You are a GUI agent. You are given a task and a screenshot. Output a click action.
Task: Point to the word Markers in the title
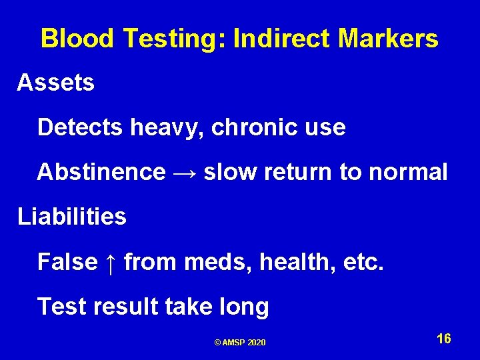pos(388,39)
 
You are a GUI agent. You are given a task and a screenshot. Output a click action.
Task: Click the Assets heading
pos(56,83)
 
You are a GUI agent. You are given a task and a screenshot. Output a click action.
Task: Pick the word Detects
pos(79,127)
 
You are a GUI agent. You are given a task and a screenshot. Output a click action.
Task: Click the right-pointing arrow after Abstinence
pos(185,173)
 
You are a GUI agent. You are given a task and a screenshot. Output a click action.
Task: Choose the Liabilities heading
pos(72,217)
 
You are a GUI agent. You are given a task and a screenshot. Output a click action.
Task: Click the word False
pos(67,262)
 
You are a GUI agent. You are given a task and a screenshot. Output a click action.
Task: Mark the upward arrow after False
pos(111,262)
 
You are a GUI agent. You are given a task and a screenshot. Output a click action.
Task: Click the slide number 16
pos(444,339)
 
